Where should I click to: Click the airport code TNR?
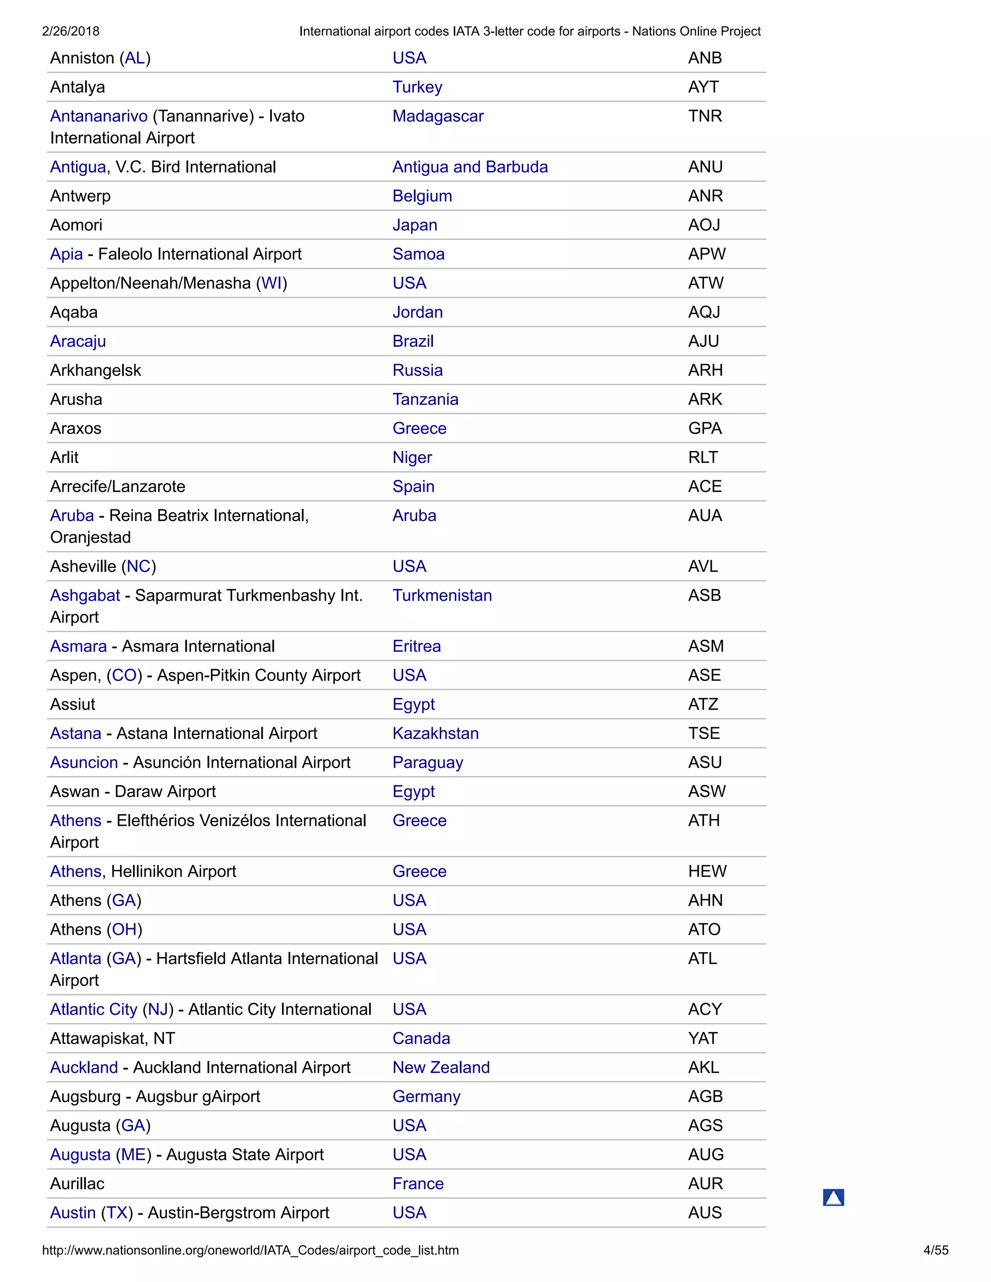tap(705, 116)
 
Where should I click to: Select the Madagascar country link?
tap(437, 116)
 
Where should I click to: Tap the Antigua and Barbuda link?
tap(470, 167)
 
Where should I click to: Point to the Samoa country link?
tap(418, 254)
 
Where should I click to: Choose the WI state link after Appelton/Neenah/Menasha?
tap(271, 283)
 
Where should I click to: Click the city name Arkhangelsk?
tap(95, 371)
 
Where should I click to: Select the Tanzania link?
tap(425, 400)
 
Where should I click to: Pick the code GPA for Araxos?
tap(705, 429)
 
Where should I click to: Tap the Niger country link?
tap(412, 458)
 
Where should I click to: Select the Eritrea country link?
tap(416, 646)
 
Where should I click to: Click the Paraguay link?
tap(427, 762)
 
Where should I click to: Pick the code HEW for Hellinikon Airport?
tap(707, 872)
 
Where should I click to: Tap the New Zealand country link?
tap(440, 1068)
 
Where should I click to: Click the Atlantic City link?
tap(93, 1010)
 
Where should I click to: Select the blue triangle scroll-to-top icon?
tap(833, 1197)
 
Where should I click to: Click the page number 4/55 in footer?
tap(935, 1250)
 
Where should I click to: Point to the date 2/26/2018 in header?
tap(71, 31)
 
